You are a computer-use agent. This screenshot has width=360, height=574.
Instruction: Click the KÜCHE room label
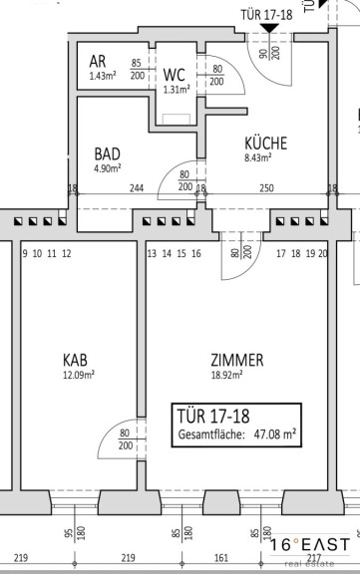266,143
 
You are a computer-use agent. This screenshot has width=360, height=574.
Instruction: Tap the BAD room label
108,154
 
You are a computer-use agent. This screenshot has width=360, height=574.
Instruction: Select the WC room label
175,75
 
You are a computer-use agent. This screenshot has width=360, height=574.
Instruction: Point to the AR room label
98,62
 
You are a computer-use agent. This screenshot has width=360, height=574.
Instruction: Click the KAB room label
75,360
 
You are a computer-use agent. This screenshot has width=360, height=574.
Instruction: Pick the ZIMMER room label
237,360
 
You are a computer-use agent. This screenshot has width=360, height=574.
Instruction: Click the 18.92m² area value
227,375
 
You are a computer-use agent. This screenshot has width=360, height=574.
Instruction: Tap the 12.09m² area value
79,376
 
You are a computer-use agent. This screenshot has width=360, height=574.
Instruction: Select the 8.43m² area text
258,157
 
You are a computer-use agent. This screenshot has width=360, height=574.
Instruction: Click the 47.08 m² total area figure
275,434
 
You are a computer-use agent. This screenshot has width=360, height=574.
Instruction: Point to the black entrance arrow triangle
269,28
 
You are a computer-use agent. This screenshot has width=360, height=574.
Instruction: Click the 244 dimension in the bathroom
137,188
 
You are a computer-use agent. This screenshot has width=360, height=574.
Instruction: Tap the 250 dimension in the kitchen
266,187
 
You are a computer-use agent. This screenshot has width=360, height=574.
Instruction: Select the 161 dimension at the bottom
220,558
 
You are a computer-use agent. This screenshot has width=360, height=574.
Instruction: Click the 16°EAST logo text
310,545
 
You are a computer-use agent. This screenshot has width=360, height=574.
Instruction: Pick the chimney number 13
152,254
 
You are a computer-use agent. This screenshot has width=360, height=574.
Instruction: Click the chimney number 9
25,254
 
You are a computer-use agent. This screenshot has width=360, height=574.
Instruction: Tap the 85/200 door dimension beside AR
138,69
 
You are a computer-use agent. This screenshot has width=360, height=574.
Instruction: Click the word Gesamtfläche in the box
211,434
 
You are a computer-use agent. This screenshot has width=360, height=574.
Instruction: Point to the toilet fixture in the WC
177,120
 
